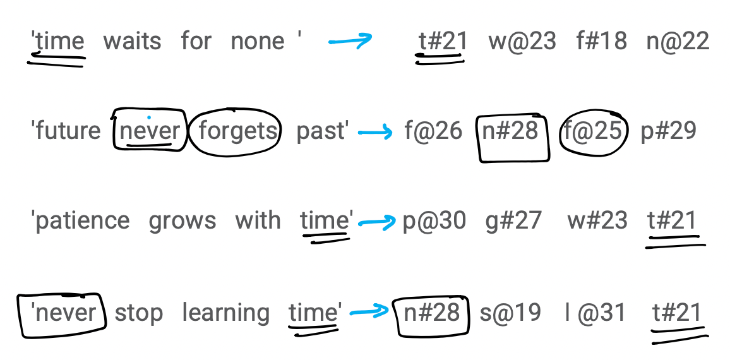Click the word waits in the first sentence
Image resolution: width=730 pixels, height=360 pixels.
[x=132, y=41]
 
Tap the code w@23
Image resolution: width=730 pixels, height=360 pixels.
[x=522, y=42]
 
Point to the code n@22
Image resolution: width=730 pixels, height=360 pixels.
[x=678, y=42]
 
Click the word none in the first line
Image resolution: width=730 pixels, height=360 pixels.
[x=258, y=42]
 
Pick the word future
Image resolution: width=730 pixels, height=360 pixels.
[x=68, y=130]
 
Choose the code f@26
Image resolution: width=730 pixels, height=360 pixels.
[x=433, y=131]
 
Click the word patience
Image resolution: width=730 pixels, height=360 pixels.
[x=82, y=220]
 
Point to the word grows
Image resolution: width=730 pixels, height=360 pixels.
[x=182, y=221]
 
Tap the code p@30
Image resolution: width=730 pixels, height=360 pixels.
[x=434, y=221]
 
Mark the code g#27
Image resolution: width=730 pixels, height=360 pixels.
[x=513, y=221]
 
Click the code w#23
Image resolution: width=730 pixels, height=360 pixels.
[x=597, y=220]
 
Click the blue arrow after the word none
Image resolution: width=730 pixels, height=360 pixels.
[x=350, y=40]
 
